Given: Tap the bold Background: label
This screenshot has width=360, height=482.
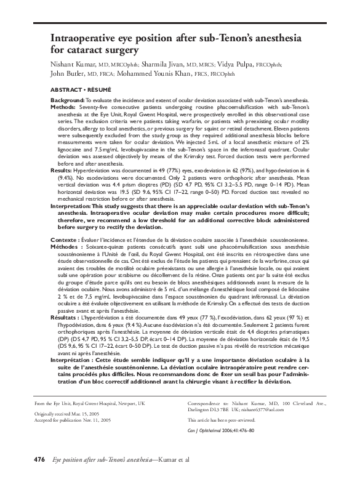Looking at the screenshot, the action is coord(66,100).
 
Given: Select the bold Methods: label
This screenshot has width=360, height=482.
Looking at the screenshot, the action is coord(63,106).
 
